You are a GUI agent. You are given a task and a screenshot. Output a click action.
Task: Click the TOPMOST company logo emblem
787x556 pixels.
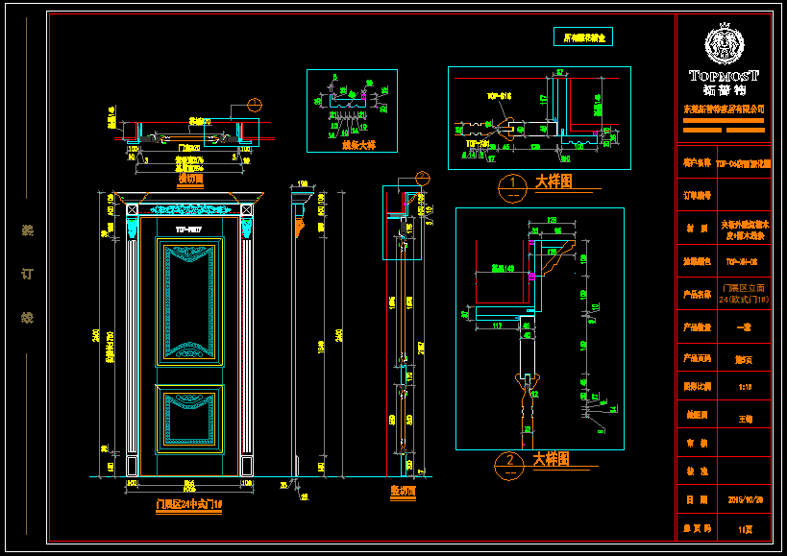(x=724, y=43)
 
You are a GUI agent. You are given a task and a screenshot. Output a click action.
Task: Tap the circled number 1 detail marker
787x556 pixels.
(x=514, y=181)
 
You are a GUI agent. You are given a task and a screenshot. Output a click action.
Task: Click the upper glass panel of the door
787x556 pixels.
(x=188, y=302)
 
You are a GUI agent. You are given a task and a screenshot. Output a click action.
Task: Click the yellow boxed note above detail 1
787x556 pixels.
(x=583, y=38)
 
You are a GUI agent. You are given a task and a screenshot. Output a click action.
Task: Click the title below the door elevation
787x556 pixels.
(x=188, y=503)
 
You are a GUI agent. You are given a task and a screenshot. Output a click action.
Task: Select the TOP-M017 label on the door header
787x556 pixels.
(x=188, y=230)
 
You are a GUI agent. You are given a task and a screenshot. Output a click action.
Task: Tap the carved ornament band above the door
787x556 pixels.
(x=188, y=208)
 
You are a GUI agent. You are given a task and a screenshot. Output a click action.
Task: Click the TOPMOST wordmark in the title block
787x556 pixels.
(x=724, y=75)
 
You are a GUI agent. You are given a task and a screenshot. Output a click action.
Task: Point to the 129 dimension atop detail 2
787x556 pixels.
(x=553, y=220)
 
